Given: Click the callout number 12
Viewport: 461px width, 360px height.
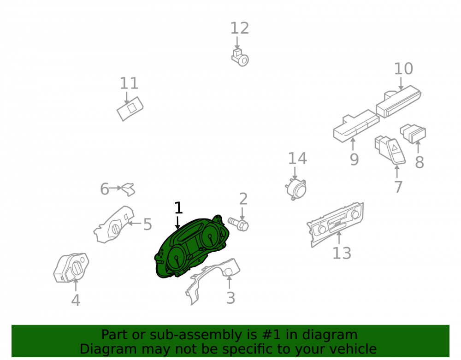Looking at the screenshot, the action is tap(239, 28).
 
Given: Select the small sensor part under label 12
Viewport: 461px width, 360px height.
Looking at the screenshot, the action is tap(240, 58).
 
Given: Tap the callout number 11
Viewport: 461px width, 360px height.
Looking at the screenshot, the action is tap(129, 83).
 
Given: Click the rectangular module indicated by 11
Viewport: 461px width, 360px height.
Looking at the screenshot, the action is tap(130, 108).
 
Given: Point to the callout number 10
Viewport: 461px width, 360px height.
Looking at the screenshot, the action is tap(403, 69).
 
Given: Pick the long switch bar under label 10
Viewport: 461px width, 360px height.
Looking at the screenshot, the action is tap(399, 101).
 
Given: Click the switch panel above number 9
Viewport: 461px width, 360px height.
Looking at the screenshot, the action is tap(356, 126).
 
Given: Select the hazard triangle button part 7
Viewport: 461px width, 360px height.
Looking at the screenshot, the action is tap(390, 150).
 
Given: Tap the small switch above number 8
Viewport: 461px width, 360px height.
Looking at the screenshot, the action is tap(413, 134).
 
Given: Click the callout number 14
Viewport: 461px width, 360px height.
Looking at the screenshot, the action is tap(297, 159).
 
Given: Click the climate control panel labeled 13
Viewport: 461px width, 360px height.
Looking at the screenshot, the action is tap(336, 224).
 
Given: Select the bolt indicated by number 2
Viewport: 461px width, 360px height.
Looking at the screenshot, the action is tap(238, 224).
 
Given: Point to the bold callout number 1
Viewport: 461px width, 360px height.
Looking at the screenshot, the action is tap(178, 208).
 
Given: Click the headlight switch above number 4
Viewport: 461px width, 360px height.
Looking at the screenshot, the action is tap(71, 268).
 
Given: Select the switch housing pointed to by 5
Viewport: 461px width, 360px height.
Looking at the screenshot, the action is tap(113, 225).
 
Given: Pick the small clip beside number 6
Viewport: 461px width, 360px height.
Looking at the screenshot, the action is tap(129, 189).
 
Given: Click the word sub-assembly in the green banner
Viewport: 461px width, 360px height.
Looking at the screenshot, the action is tap(194, 335).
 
